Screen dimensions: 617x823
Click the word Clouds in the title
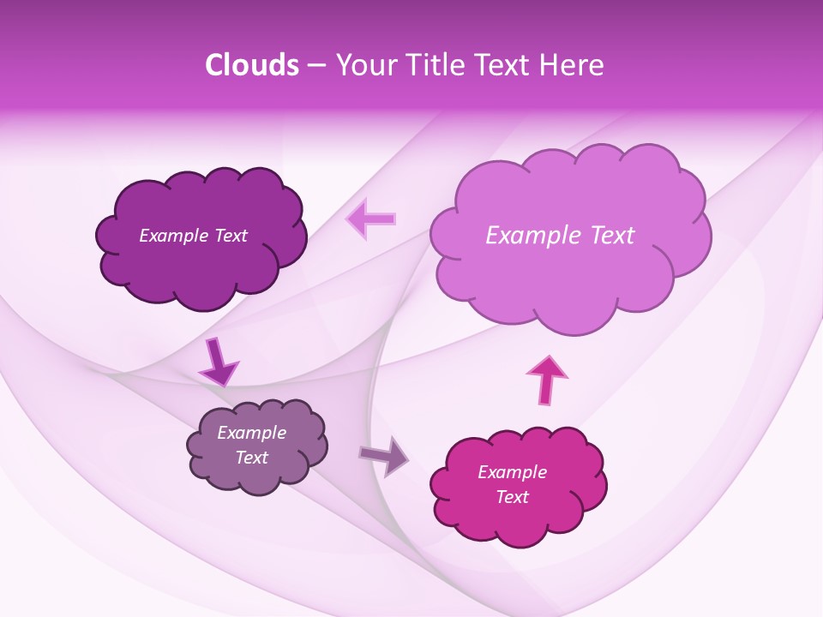pyautogui.click(x=251, y=65)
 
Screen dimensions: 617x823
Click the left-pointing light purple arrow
pyautogui.click(x=370, y=219)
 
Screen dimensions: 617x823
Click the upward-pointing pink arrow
pyautogui.click(x=546, y=380)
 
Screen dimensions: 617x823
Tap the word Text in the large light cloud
pyautogui.click(x=604, y=235)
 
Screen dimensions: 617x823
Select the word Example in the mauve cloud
pyautogui.click(x=251, y=433)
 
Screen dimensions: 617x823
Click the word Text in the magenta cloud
pyautogui.click(x=512, y=497)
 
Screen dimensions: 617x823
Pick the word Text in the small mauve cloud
pyautogui.click(x=251, y=458)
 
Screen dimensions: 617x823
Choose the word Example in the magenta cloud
pyautogui.click(x=512, y=472)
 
